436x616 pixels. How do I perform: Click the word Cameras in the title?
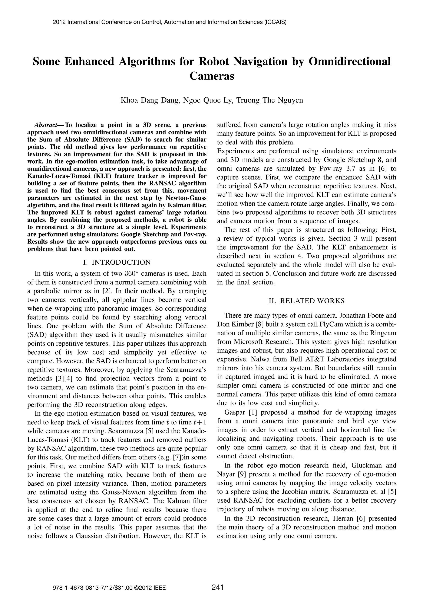click(212, 76)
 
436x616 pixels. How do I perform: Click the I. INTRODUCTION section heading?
click(117, 262)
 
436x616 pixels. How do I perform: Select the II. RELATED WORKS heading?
click(307, 301)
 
